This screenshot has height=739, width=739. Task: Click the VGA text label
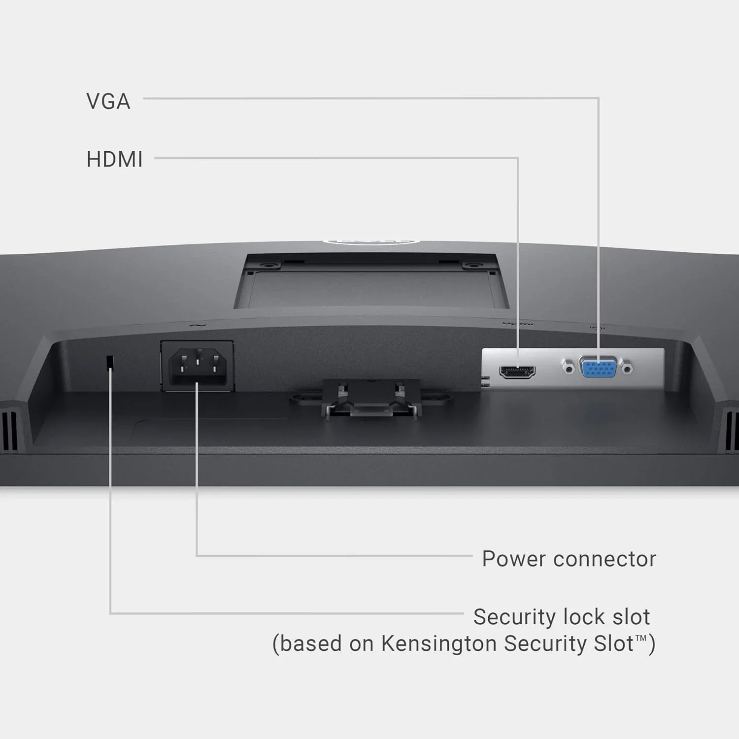tap(108, 101)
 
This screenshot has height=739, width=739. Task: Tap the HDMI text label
tap(114, 160)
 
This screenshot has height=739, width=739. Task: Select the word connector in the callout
tap(605, 559)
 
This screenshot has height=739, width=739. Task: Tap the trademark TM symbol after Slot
tap(641, 638)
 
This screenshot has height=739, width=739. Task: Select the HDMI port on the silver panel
tap(517, 371)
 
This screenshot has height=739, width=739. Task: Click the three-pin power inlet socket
tap(198, 367)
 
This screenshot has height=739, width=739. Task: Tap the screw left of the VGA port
tap(569, 368)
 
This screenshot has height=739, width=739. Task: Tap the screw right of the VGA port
tap(628, 368)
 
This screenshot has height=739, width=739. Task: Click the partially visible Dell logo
tap(370, 242)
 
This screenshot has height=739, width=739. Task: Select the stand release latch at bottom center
tap(370, 399)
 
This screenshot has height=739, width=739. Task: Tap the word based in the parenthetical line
tap(310, 644)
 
